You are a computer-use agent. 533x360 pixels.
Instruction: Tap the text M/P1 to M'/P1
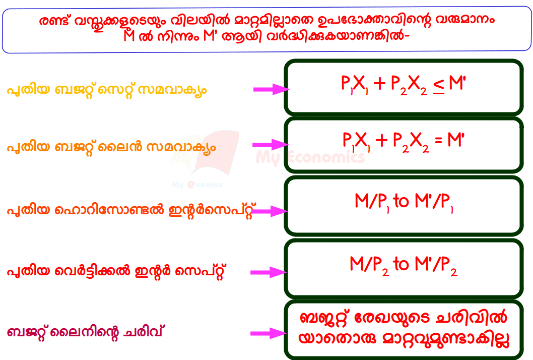coord(404,203)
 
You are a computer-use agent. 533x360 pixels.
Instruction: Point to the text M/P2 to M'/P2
coord(404,264)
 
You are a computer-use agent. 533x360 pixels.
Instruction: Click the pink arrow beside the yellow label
coord(271,89)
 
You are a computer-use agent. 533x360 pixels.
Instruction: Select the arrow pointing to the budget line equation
coord(271,145)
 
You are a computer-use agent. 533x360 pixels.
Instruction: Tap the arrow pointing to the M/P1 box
coord(271,211)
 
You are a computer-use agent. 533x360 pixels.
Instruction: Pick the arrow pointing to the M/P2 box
coord(271,272)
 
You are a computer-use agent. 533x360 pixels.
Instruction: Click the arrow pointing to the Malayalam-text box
coord(269,333)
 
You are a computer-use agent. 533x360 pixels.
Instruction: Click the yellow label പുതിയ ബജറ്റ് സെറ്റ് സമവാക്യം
coord(106,91)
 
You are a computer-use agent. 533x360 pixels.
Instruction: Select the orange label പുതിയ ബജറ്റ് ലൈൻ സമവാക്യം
coord(111,148)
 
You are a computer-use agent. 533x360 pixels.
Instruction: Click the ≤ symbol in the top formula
coord(439,86)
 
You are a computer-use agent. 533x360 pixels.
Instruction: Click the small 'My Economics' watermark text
coord(197,185)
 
